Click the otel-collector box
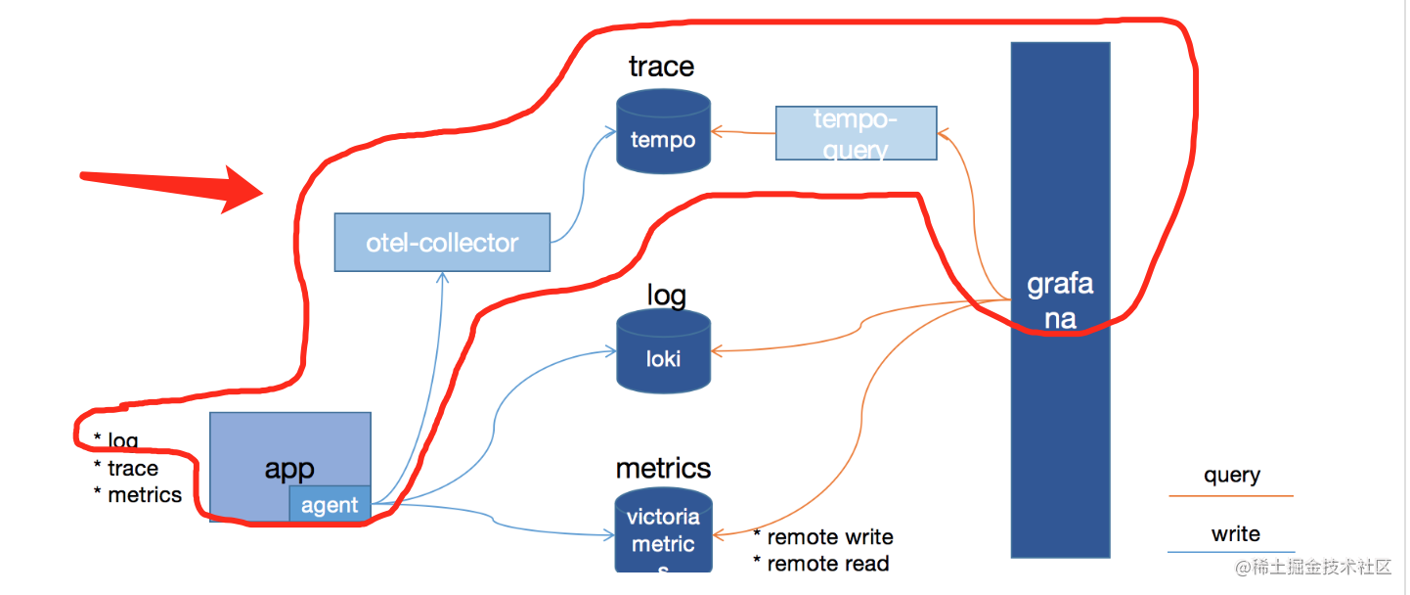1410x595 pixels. pos(442,243)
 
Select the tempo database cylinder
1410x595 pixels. pos(663,132)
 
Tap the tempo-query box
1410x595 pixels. pos(856,133)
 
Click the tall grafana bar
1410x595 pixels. pos(1060,300)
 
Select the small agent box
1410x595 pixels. pos(330,505)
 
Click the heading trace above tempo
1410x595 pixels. pos(661,67)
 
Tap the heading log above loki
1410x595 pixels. pos(666,295)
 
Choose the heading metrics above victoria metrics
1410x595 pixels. pos(663,468)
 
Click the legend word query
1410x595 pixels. pos(1231,476)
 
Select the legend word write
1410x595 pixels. pos(1235,534)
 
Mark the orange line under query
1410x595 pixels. pos(1230,496)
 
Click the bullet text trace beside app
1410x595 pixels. pos(133,469)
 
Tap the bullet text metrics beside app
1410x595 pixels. pos(145,495)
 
